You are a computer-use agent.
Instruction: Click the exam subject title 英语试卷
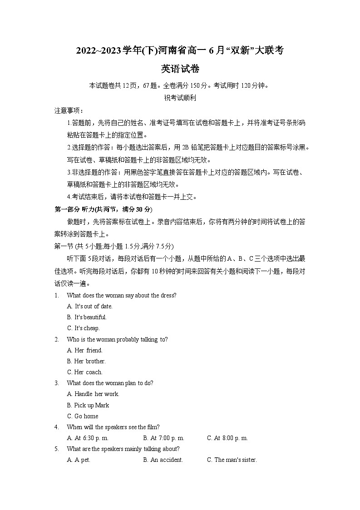pyautogui.click(x=180, y=69)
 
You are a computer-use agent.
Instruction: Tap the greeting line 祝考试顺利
pyautogui.click(x=180, y=97)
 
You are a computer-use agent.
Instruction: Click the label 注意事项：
pyautogui.click(x=69, y=111)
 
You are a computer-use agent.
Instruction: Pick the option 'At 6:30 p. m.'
pyautogui.click(x=88, y=438)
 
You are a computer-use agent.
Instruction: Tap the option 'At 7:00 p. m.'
pyautogui.click(x=163, y=438)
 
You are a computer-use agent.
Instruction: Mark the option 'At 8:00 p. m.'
pyautogui.click(x=227, y=438)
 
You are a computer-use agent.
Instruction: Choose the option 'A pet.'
pyautogui.click(x=79, y=460)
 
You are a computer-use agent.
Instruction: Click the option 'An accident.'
pyautogui.click(x=163, y=460)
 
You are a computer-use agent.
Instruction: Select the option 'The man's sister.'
pyautogui.click(x=232, y=460)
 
